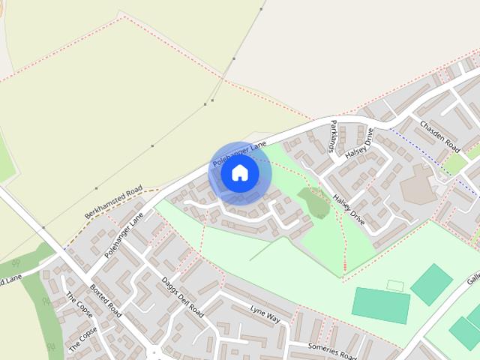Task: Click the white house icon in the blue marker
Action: pos(240,173)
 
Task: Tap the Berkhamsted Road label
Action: pos(113,202)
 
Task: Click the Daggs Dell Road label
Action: pos(182,297)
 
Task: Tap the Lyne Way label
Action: pos(265,314)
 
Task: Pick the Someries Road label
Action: pos(333,350)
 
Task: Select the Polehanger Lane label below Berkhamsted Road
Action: pos(124,235)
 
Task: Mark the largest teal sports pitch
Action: pos(381,304)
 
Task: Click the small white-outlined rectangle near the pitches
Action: pos(395,286)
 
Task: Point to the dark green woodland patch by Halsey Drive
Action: pos(313,201)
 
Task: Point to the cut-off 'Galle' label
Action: pos(472,278)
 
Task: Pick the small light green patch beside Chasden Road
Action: pos(454,163)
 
